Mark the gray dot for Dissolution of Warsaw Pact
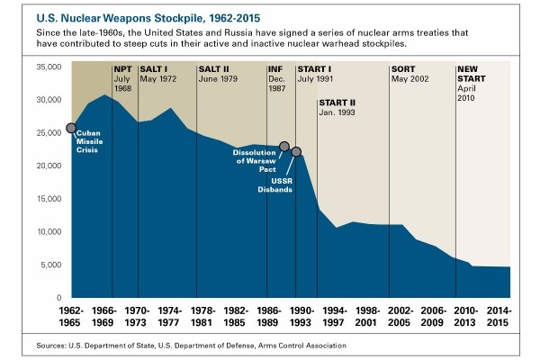pyautogui.click(x=284, y=146)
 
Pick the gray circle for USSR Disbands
pyautogui.click(x=296, y=152)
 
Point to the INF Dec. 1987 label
pyautogui.click(x=279, y=79)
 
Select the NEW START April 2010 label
pyautogui.click(x=472, y=84)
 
